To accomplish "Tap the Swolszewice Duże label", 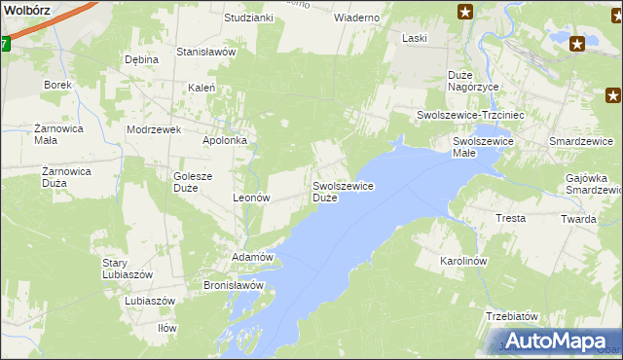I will coord(343,191).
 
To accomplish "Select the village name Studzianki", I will coord(248,18).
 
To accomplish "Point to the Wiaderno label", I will coord(356,18).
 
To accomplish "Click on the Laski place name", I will coord(416,38).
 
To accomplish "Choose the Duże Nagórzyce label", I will coord(473,81).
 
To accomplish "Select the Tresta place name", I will coord(511,218).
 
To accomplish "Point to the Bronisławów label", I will coord(234,285).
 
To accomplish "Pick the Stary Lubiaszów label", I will coord(128,269).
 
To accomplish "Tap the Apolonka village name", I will coord(225,140).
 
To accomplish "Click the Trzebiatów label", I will coord(512,316).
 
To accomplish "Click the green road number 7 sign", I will coord(4,44).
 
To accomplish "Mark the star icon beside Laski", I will coord(466,12).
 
